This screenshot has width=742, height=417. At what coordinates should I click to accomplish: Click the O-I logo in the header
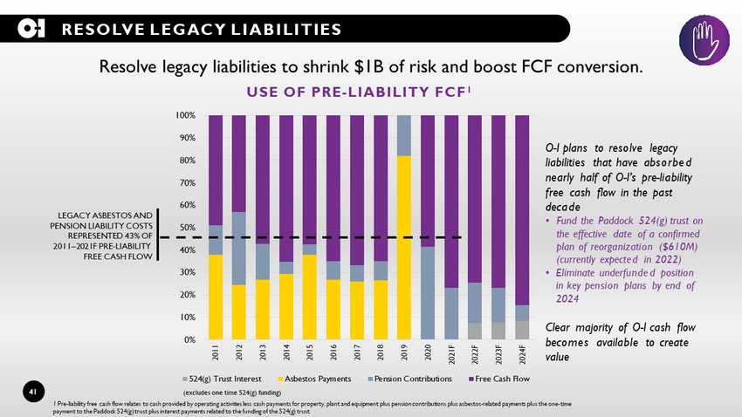point(31,30)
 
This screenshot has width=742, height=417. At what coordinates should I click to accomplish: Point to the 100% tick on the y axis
point(184,115)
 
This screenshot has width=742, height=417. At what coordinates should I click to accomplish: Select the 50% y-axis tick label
point(186,228)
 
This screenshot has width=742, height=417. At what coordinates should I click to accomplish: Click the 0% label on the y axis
point(189,340)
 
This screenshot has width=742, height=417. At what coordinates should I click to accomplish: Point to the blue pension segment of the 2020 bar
point(427,292)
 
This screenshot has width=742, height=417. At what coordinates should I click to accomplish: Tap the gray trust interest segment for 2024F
point(521,331)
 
